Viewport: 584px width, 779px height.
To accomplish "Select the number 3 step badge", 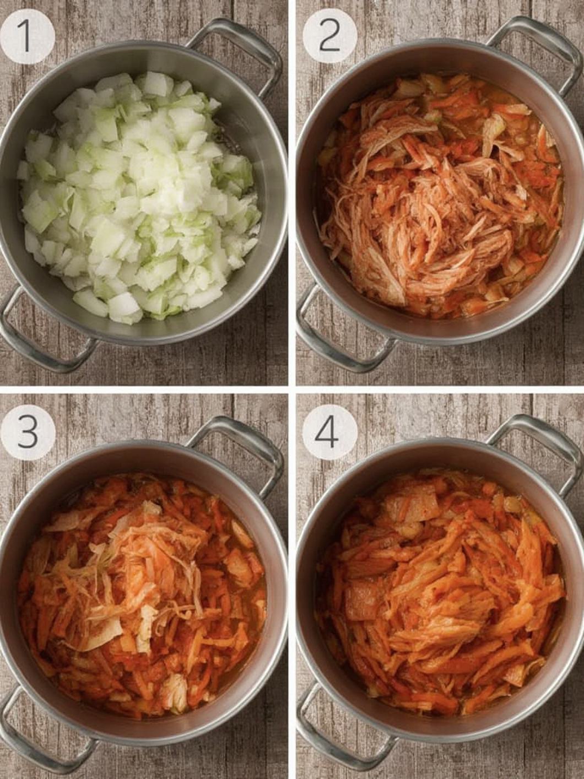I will coord(26,428).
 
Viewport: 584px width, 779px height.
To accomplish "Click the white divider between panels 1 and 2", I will coord(291,193).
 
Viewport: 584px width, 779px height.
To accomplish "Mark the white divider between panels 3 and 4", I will coord(291,584).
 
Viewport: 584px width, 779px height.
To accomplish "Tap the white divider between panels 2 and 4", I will coord(441,389).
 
